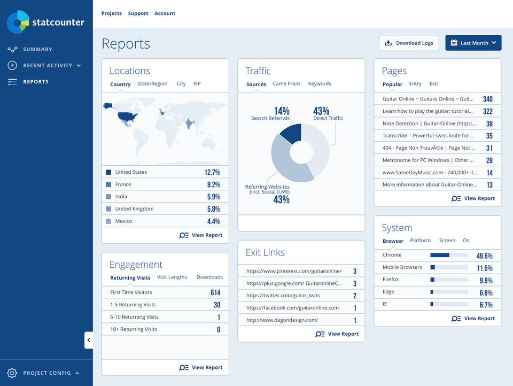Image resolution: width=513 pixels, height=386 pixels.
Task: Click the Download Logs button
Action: [409, 43]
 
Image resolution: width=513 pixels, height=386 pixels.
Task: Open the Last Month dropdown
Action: [473, 43]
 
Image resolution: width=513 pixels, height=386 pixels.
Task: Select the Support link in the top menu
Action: [138, 13]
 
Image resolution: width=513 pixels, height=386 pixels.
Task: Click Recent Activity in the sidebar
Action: [48, 65]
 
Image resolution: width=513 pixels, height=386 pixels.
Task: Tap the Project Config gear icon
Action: [12, 373]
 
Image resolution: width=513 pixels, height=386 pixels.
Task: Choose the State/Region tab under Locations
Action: [152, 84]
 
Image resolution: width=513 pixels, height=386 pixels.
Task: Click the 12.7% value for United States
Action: [212, 172]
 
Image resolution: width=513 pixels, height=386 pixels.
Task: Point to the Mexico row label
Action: [123, 221]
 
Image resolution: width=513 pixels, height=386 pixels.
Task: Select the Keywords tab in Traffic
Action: [320, 84]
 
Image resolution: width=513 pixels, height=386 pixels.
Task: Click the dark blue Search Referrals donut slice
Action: [292, 133]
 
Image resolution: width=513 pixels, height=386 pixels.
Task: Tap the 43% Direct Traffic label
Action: [322, 111]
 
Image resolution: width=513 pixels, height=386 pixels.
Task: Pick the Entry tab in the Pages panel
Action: [415, 84]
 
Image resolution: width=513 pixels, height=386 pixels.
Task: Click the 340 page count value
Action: [487, 99]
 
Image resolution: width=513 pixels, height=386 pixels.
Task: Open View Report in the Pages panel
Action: [479, 198]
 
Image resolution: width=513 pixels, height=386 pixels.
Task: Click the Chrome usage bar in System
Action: [449, 255]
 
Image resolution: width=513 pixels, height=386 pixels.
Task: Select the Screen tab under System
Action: [447, 241]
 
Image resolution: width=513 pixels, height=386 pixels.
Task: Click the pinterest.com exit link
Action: [293, 271]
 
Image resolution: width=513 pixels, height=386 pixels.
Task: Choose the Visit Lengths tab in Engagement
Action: [172, 277]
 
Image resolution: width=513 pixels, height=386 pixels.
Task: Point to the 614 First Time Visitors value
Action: [215, 292]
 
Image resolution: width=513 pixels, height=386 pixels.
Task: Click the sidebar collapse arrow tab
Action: [89, 340]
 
